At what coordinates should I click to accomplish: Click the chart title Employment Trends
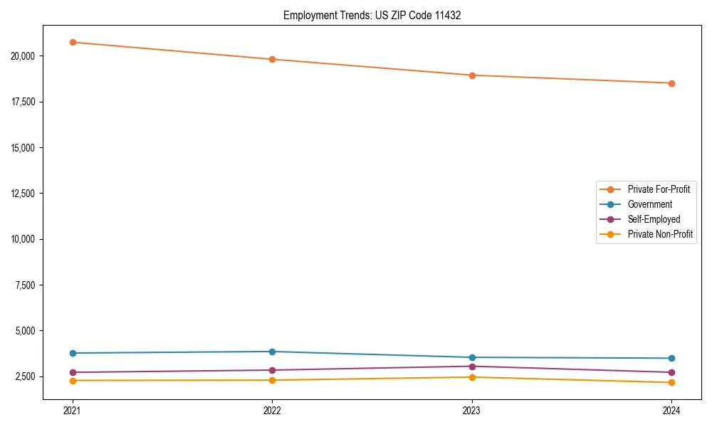click(372, 15)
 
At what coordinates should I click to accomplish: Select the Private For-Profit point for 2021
click(73, 42)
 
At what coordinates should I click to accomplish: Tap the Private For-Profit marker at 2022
click(272, 59)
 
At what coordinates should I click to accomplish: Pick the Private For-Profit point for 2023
click(472, 75)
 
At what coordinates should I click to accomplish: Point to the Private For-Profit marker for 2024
click(671, 83)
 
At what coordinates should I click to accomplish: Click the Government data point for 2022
click(272, 352)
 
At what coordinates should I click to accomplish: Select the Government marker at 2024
click(671, 358)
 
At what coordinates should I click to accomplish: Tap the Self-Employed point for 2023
click(472, 367)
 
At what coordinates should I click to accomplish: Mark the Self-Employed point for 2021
click(73, 372)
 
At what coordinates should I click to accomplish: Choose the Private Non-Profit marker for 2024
click(671, 383)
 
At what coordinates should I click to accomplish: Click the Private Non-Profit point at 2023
click(472, 377)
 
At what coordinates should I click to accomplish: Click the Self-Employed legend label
click(654, 219)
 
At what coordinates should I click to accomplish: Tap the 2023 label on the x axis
click(472, 410)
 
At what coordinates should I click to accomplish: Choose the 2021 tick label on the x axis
click(73, 410)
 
